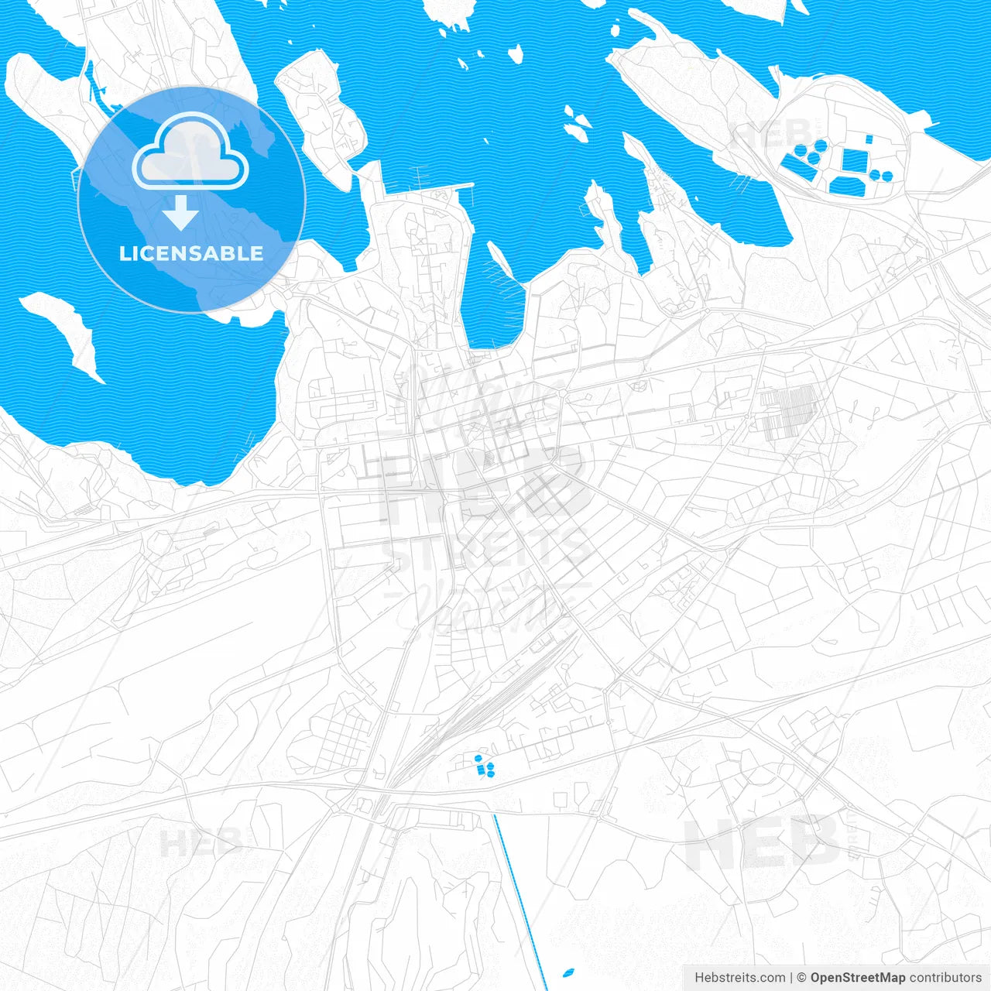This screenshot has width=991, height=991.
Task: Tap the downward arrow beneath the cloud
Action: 180,212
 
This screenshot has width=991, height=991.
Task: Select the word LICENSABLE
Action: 191,253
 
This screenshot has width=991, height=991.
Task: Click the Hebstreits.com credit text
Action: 739,978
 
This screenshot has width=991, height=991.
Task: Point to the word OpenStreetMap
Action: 857,978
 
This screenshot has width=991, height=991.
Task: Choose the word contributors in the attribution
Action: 945,978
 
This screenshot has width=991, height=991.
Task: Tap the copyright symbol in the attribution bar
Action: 802,978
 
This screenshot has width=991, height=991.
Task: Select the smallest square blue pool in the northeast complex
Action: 869,139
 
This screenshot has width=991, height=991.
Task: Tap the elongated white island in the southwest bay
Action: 63,335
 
